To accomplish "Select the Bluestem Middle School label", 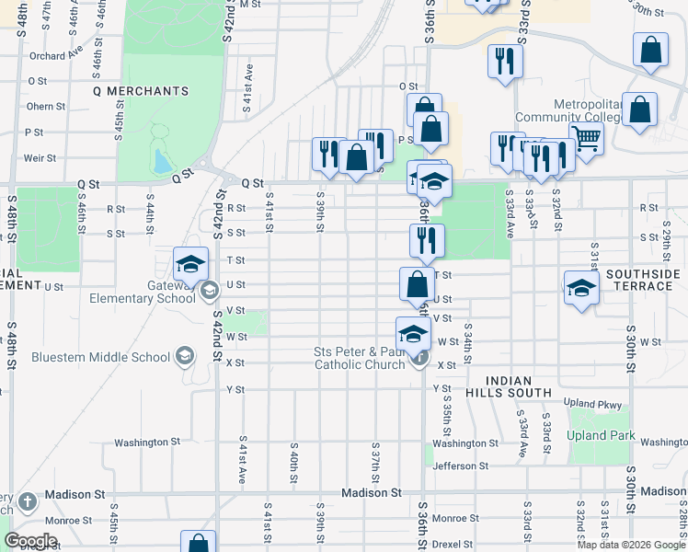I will [101, 357].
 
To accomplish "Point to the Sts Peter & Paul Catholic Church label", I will [360, 358].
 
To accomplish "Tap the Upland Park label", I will [602, 435].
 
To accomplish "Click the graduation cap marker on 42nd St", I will [190, 265].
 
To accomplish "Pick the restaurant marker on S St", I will [427, 240].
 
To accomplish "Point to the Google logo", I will [30, 541].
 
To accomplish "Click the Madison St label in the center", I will [372, 493].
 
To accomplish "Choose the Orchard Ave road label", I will [49, 56].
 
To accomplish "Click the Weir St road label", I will [40, 158].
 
